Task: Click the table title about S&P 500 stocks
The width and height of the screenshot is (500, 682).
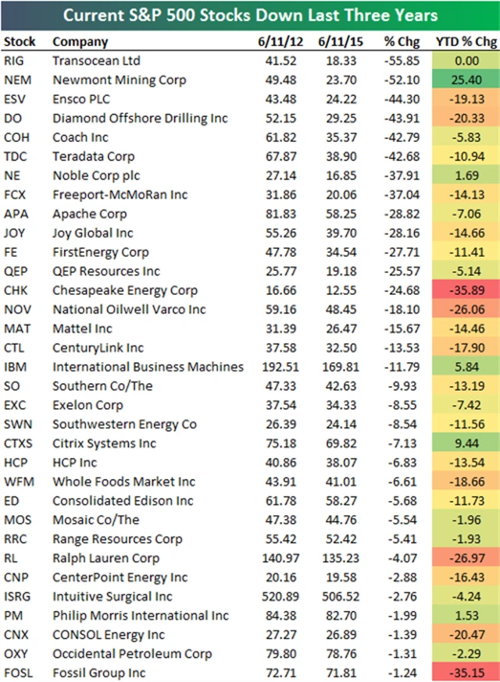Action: (249, 16)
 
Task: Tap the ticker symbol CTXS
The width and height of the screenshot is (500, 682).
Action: (20, 443)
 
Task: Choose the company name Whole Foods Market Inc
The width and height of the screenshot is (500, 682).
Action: (123, 481)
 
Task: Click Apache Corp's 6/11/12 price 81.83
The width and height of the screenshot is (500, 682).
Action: (277, 214)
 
